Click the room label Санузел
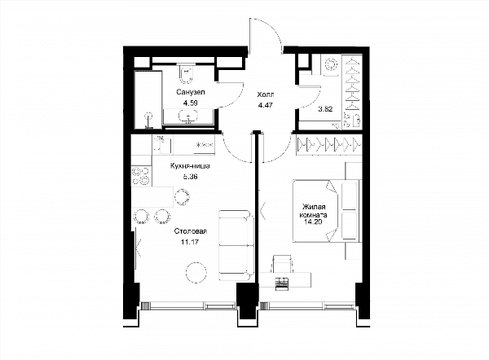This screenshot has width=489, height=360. pos(191,92)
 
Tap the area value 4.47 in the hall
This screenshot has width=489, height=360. pos(266,105)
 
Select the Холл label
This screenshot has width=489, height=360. pos(266,94)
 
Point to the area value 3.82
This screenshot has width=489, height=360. pos(325,109)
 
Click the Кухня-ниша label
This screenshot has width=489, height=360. pos(190,166)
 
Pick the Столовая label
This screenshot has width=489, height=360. pos(191,231)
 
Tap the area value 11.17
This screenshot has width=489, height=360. pos(190,242)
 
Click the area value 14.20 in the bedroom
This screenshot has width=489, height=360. pos(313,222)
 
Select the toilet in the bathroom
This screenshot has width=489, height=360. pos(186,73)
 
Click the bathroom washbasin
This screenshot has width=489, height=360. pos(188,116)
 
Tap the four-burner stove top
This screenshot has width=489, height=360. pos(141,175)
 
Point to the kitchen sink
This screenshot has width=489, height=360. pos(163,145)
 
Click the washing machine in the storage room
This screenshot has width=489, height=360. pos(330,65)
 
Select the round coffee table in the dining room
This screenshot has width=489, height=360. pos(196,272)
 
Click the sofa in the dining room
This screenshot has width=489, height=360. pos(236,246)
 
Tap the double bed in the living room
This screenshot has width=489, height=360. pos(327,211)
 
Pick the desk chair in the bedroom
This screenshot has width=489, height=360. pos(282,263)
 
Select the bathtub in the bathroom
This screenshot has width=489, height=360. pos(148,99)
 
